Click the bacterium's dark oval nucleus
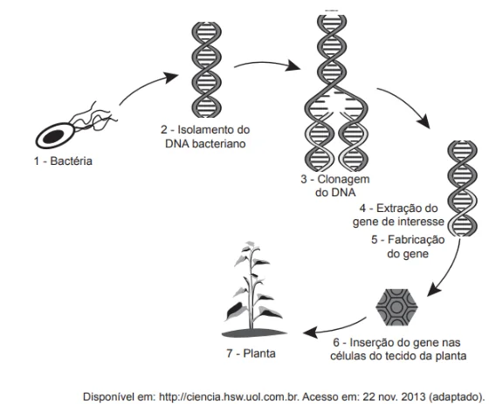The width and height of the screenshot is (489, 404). coord(53,136)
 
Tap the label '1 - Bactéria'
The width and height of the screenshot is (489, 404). coord(63,161)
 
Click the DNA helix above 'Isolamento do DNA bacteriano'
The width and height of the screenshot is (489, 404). coord(206,70)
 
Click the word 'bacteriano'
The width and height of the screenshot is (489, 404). coord(218,144)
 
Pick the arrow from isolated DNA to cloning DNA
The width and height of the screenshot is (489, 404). coord(266,65)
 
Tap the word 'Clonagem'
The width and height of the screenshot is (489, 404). coord(343,180)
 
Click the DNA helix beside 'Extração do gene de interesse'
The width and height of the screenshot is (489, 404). coord(463,188)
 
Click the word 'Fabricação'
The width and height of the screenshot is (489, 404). coord(416,240)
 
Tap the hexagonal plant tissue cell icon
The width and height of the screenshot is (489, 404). coord(396,307)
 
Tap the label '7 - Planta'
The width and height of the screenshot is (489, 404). coord(251,353)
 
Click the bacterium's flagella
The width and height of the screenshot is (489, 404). coord(93,118)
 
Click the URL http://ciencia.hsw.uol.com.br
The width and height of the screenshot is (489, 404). coord(229,397)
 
